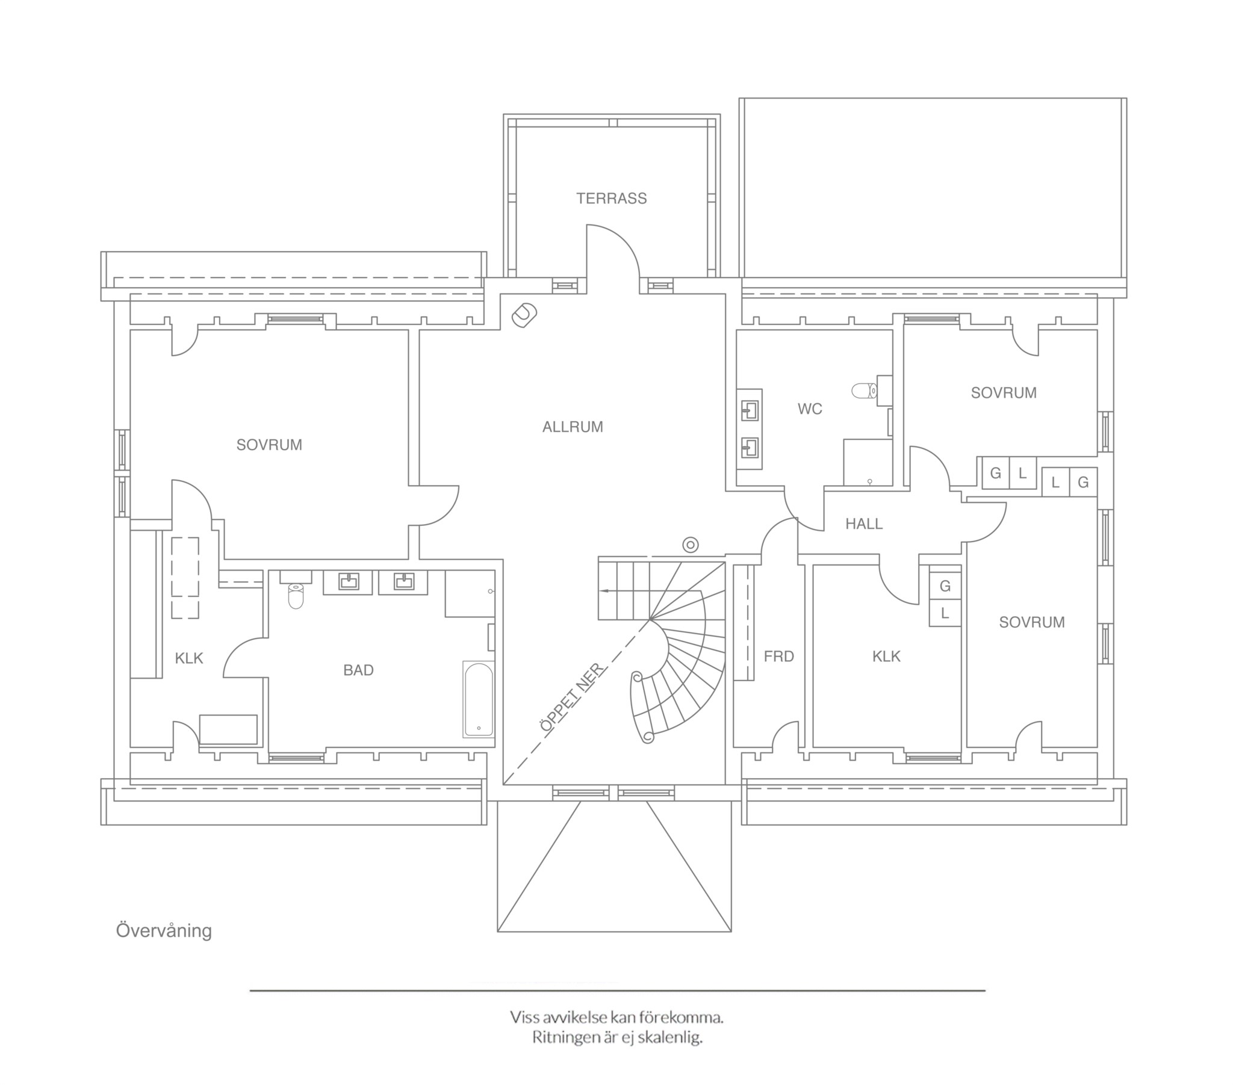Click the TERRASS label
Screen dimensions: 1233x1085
(611, 199)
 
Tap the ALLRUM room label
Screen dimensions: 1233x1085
(573, 427)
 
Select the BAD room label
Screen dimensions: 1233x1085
(358, 670)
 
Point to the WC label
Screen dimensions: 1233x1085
(810, 409)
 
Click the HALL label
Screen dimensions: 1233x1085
(864, 524)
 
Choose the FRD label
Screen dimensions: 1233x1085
(779, 656)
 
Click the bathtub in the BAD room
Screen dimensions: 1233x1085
(479, 700)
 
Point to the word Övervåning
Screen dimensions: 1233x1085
(164, 930)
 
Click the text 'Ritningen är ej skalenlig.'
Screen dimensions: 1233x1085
(617, 1038)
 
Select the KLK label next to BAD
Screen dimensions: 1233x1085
(189, 658)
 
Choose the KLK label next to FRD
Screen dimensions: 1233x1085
(886, 656)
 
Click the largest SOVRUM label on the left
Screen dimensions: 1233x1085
(269, 445)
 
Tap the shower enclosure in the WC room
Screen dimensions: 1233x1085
(868, 462)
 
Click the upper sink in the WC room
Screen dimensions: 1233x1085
(750, 411)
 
